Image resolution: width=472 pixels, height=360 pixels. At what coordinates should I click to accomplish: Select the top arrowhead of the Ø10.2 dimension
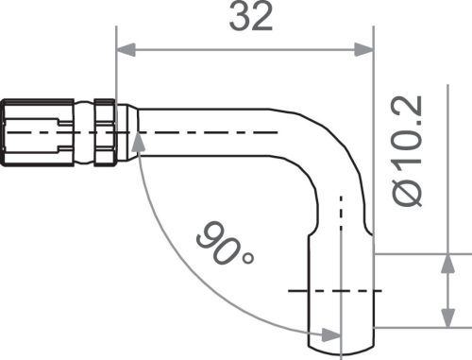click(x=445, y=262)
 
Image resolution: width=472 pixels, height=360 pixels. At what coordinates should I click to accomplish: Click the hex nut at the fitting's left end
click(x=36, y=132)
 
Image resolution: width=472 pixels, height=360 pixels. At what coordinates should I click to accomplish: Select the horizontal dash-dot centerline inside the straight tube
click(x=208, y=133)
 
